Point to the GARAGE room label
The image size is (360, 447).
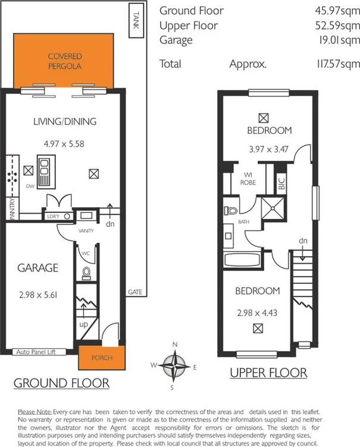(37, 268)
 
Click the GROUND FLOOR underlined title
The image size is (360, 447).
(61, 383)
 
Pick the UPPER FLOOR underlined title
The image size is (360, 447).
(268, 373)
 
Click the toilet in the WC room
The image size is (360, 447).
(86, 273)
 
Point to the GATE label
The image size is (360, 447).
(134, 292)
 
